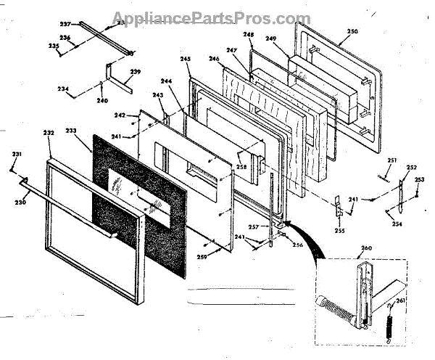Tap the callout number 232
click(49, 133)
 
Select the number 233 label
click(71, 131)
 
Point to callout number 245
click(185, 60)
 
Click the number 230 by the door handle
click(21, 202)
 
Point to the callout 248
click(248, 35)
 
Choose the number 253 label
click(420, 179)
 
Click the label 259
click(200, 257)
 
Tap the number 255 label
click(339, 231)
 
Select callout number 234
click(64, 89)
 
